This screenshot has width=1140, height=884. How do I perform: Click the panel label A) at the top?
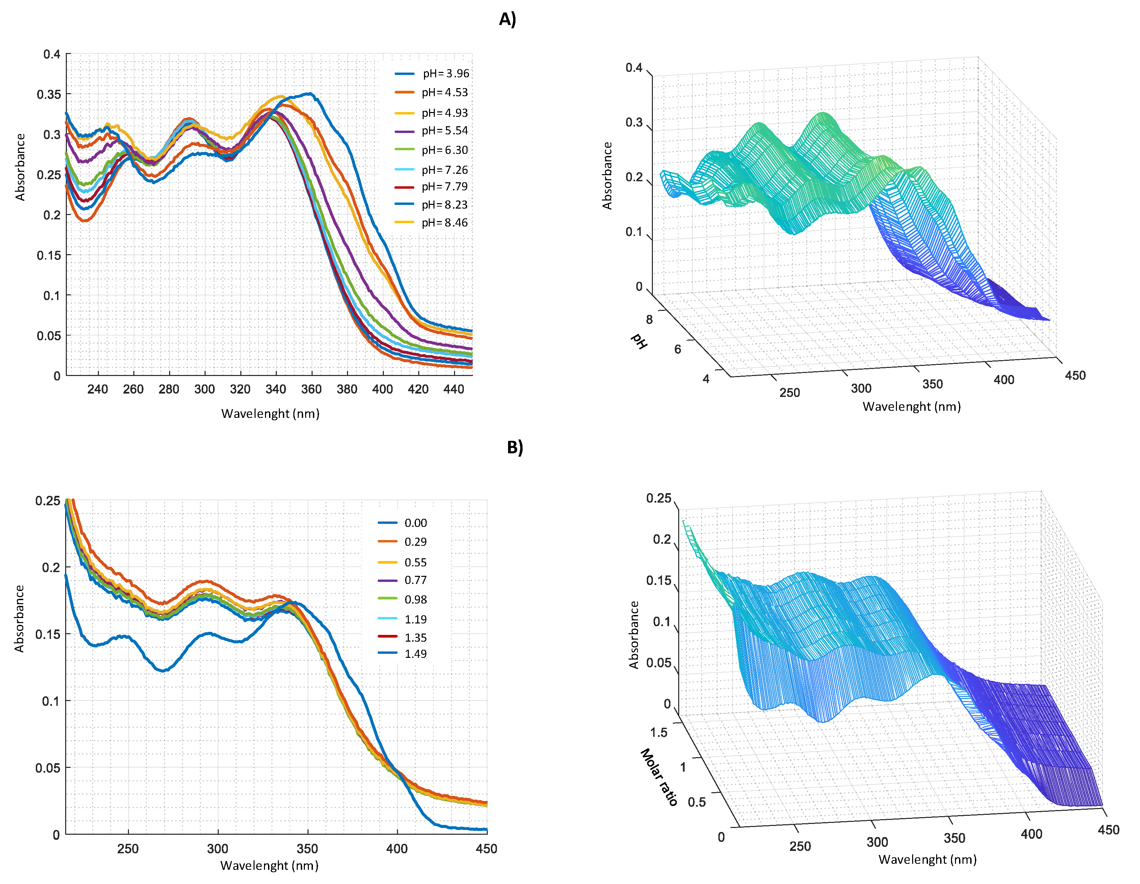tap(507, 19)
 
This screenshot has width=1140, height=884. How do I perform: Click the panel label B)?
tap(515, 447)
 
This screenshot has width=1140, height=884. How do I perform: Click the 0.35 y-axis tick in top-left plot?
tap(49, 95)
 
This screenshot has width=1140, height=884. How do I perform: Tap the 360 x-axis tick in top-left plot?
tap(311, 389)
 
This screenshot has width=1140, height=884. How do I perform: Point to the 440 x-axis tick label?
tap(454, 389)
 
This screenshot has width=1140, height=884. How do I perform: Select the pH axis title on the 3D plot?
tap(639, 341)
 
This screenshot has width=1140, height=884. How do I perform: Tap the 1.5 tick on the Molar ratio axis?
tap(659, 732)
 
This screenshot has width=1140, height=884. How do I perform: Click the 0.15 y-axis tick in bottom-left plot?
tap(48, 634)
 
